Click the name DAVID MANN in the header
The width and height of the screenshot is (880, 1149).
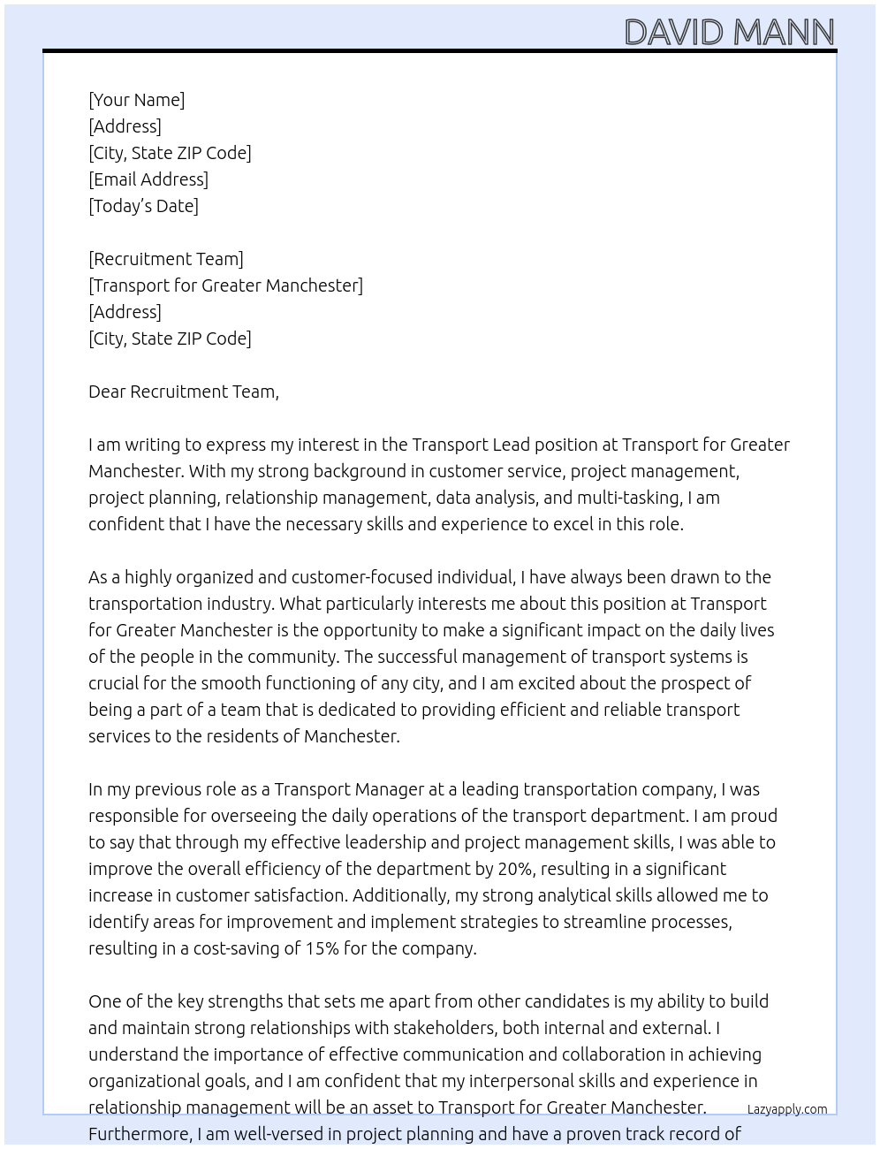729,33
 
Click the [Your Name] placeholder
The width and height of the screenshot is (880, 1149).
136,100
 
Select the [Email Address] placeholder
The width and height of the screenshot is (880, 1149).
148,179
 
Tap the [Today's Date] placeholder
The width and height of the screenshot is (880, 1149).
143,206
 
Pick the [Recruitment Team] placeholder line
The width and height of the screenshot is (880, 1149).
166,259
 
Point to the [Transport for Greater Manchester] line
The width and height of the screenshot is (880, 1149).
225,285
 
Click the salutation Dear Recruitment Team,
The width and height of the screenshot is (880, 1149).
184,392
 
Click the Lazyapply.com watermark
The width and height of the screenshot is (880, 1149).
787,1109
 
